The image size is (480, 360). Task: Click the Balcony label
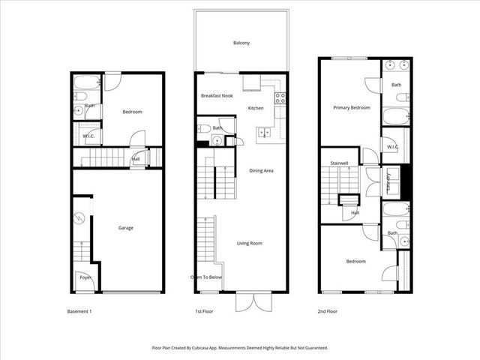coord(241,43)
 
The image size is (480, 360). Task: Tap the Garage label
coord(126,228)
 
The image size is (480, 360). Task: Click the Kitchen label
coord(256,109)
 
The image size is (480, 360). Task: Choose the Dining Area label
coord(261,171)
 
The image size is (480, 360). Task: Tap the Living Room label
coord(249,243)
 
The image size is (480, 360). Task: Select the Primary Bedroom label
coord(352,108)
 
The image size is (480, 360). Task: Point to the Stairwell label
coord(341,163)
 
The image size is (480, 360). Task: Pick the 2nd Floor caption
coord(327,310)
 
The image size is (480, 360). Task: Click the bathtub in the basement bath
coord(84,82)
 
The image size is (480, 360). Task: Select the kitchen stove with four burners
coord(280,97)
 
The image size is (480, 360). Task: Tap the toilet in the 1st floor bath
coord(205,128)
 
